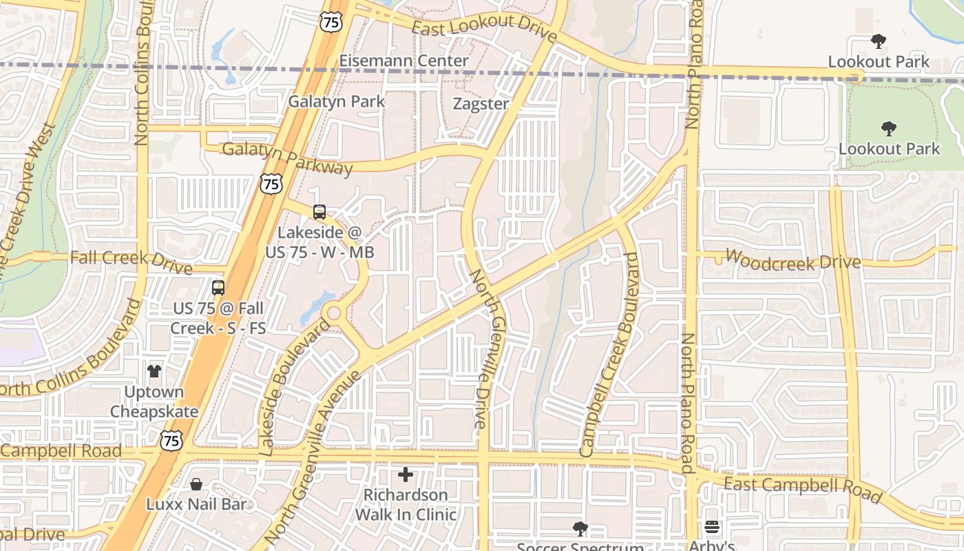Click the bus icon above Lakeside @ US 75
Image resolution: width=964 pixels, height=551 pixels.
(x=319, y=212)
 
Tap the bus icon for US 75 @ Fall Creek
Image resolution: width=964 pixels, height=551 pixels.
(x=218, y=288)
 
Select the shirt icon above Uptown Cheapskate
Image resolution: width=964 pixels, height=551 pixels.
(x=154, y=371)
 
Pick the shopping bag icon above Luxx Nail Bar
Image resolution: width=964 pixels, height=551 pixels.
(x=196, y=484)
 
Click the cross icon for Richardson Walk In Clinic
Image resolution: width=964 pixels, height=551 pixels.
(x=406, y=475)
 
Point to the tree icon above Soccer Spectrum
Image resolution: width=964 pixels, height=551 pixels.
(x=580, y=529)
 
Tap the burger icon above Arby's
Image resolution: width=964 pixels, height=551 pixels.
(x=712, y=528)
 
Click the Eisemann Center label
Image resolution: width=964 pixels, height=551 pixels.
(x=404, y=61)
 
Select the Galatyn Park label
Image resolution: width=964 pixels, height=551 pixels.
(x=337, y=101)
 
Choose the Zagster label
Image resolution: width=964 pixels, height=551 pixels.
(x=481, y=104)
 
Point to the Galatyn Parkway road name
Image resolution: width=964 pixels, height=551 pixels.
(x=287, y=158)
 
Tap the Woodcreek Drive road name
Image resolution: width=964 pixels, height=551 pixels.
(x=793, y=260)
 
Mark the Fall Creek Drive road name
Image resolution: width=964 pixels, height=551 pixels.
(x=121, y=258)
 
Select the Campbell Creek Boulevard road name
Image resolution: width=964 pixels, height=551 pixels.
(x=610, y=355)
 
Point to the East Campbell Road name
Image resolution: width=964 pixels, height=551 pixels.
(x=802, y=488)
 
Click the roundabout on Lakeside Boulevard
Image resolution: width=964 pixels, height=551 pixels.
(x=334, y=313)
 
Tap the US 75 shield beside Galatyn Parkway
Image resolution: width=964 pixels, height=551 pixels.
(x=271, y=183)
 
